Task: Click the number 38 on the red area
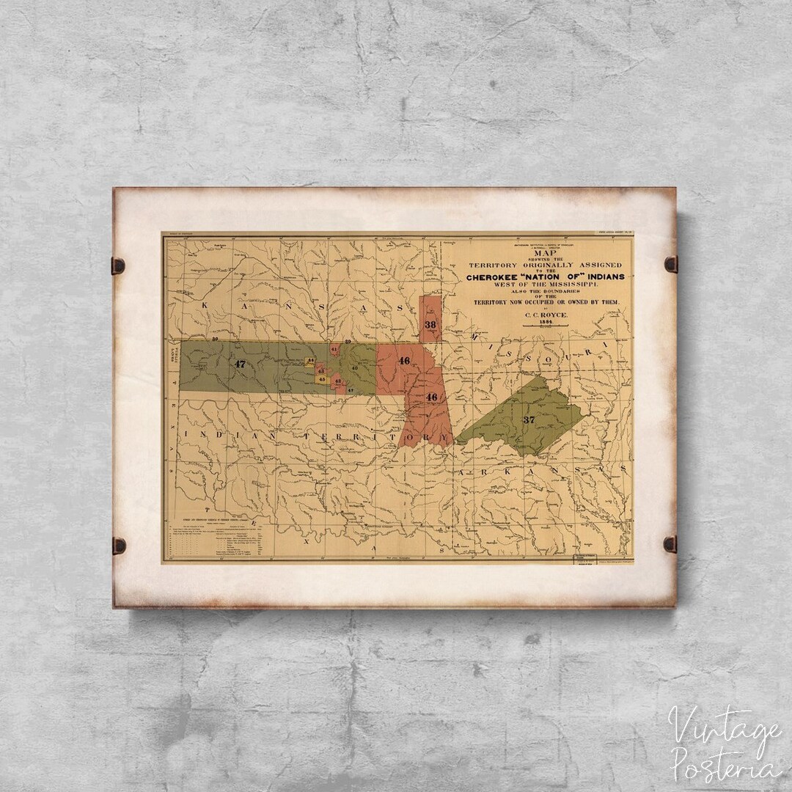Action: pos(430,324)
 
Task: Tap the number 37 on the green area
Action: pos(529,419)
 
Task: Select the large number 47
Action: pos(238,363)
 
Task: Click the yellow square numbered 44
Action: pos(310,362)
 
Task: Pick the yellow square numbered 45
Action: pos(321,379)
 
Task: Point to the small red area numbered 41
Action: pos(334,350)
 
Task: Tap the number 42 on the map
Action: pos(337,381)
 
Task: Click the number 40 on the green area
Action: pos(355,367)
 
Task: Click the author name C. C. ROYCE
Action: pos(544,314)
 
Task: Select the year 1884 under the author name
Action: pos(544,322)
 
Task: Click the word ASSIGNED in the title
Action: pos(599,264)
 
